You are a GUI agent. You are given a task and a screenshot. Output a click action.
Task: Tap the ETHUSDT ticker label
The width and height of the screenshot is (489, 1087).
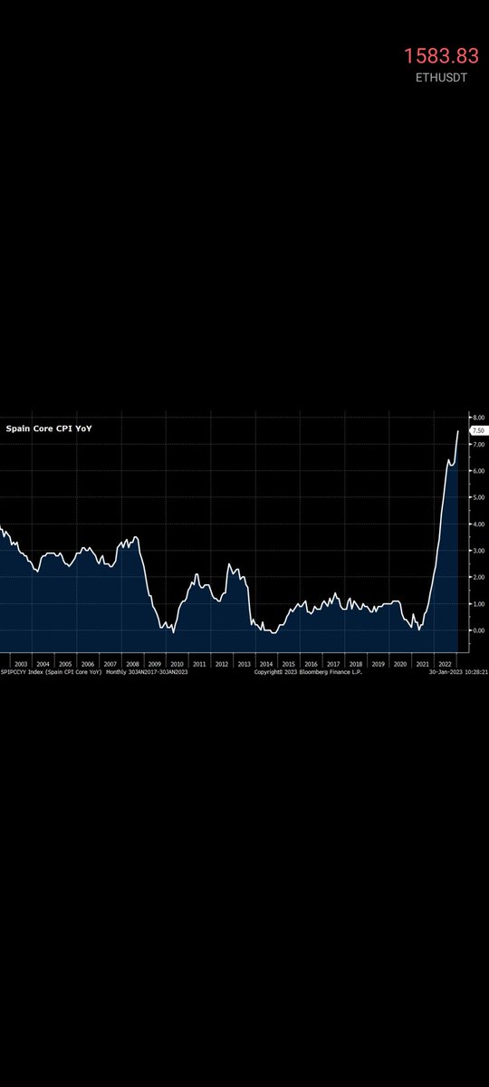(441, 78)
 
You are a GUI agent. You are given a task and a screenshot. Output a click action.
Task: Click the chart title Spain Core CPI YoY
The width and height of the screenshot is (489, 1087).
(49, 427)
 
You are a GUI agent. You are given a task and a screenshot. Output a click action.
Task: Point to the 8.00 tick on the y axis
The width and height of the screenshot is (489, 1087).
(476, 418)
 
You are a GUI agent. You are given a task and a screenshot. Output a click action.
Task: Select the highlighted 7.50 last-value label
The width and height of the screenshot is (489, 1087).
(477, 431)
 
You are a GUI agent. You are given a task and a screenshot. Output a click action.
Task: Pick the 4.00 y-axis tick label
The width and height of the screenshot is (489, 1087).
(476, 524)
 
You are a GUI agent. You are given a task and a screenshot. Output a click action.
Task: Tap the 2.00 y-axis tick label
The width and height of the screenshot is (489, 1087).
(476, 577)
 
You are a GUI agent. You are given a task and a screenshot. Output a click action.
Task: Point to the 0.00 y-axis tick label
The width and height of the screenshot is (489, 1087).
(476, 630)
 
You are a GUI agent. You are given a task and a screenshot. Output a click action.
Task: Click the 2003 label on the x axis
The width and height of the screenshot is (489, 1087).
(20, 664)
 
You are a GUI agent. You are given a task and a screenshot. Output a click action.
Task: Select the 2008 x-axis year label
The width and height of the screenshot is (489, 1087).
(132, 664)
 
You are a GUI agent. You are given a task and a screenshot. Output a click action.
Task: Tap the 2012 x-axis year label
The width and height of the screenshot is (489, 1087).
(222, 664)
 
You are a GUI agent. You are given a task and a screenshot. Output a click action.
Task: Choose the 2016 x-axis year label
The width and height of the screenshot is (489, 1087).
(312, 664)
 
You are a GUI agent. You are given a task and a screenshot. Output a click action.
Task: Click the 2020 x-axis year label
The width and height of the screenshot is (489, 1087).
(400, 664)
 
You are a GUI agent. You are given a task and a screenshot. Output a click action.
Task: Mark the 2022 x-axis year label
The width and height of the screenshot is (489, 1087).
(445, 664)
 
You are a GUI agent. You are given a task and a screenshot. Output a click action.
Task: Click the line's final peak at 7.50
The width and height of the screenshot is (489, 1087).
(457, 431)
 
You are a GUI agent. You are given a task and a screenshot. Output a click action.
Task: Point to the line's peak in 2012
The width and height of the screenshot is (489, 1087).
(229, 564)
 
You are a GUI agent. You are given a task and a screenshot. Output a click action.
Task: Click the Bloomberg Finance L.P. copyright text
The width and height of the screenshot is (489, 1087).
(308, 672)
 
